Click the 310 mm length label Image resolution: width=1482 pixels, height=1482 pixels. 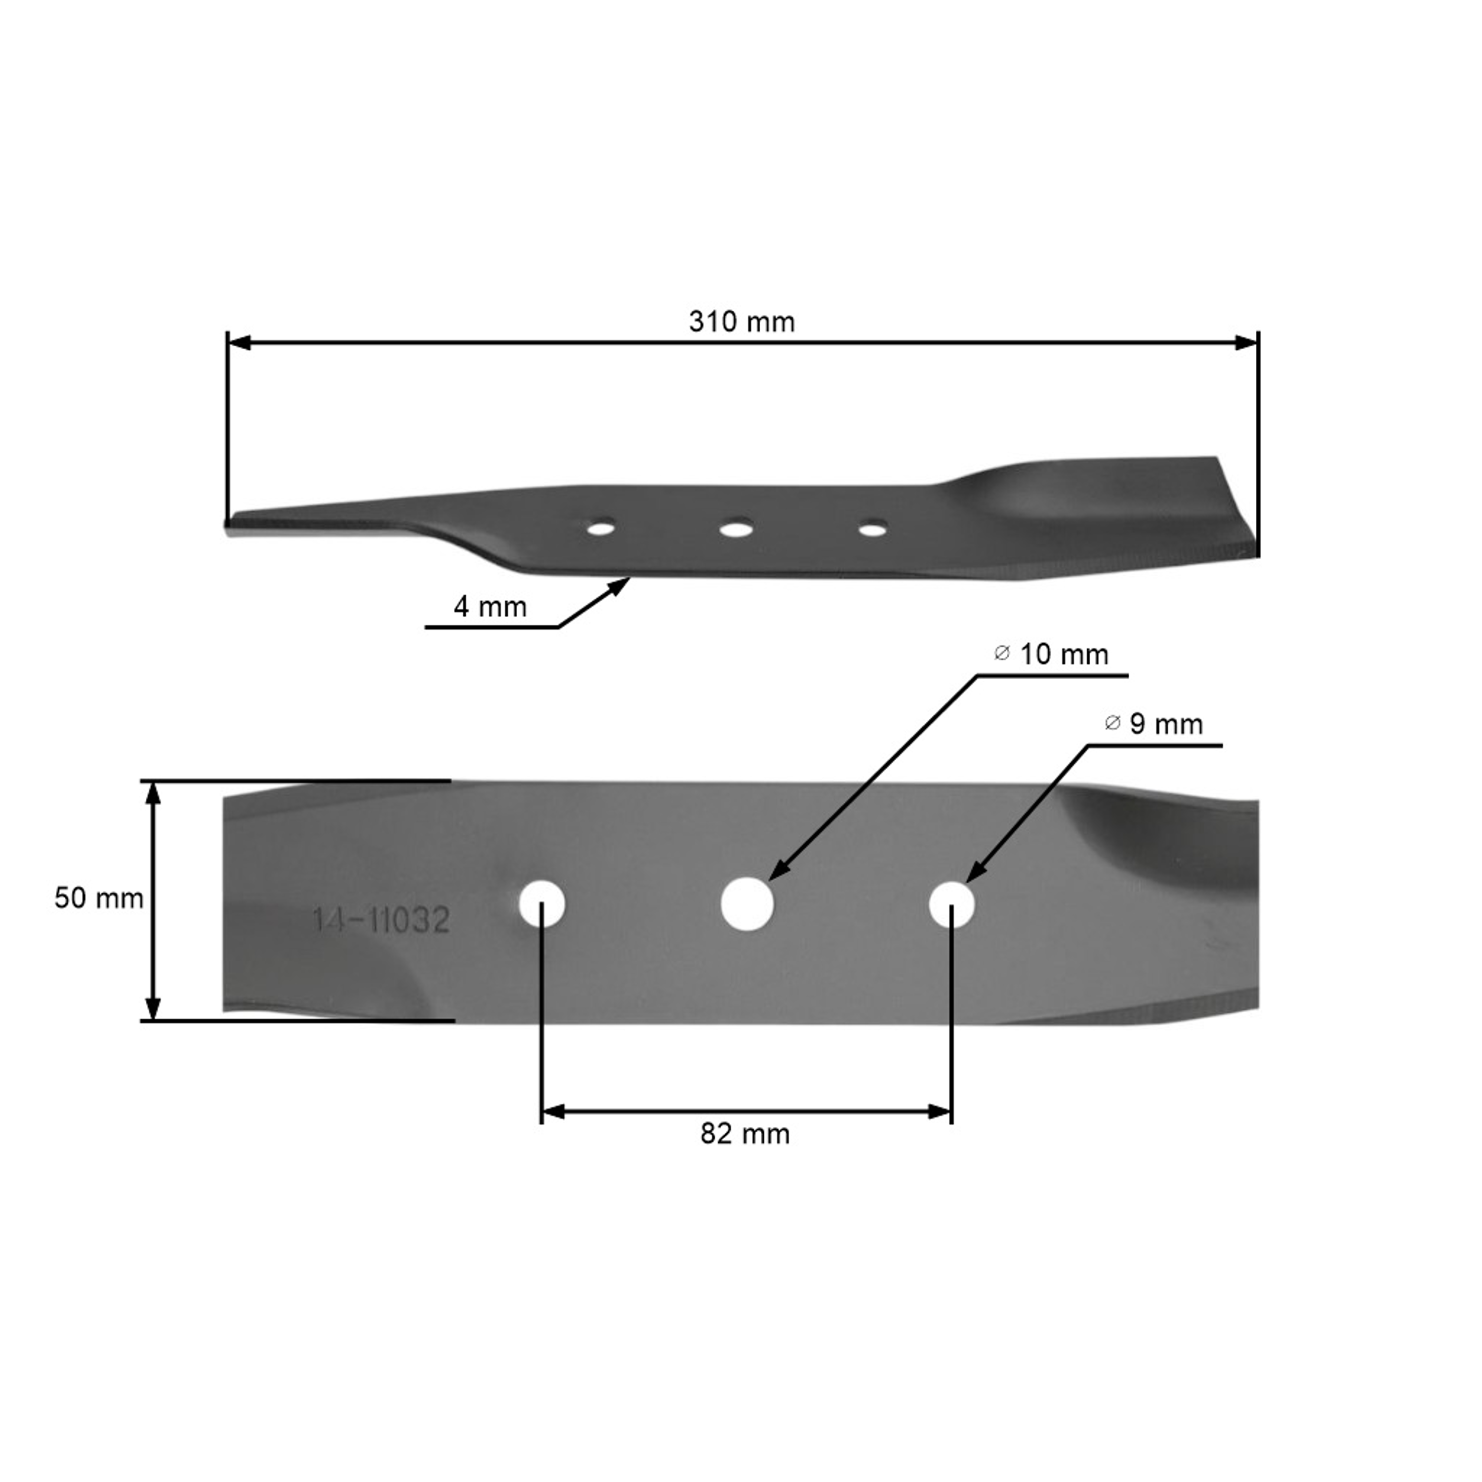[x=742, y=322]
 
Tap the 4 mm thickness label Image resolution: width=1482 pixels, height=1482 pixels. [x=490, y=607]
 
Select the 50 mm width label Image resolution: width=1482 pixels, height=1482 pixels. [x=99, y=898]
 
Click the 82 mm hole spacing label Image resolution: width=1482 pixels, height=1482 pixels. [x=745, y=1134]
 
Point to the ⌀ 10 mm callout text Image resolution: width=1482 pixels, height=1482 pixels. [x=1051, y=655]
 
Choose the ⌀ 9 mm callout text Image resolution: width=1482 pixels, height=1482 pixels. [x=1153, y=724]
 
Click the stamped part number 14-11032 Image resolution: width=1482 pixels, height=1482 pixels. [x=380, y=920]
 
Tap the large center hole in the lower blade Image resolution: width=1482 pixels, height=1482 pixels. [x=747, y=904]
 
